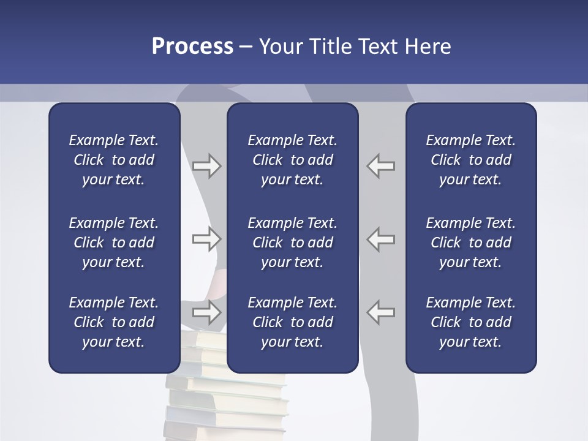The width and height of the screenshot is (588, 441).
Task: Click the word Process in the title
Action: tap(192, 47)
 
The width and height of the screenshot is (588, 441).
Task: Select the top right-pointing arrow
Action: tap(207, 166)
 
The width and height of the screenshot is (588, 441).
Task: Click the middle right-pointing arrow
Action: tap(207, 239)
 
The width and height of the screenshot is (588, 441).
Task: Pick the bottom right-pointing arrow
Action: tap(207, 312)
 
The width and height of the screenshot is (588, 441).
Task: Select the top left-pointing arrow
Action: tap(380, 166)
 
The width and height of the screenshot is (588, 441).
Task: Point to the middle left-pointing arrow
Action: tap(380, 239)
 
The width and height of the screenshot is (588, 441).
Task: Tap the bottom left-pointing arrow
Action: tap(380, 312)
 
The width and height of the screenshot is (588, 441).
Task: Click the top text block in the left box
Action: tap(114, 160)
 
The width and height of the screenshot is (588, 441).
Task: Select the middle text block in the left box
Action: tap(114, 243)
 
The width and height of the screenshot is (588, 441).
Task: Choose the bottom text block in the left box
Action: tap(114, 322)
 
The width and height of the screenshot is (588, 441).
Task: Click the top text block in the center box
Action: tap(293, 160)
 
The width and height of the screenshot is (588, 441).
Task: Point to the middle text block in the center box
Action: tap(293, 243)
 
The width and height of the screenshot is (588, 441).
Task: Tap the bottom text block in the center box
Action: tap(293, 322)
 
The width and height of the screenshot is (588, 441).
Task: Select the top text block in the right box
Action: tap(471, 160)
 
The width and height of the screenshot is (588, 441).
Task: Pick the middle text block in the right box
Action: tap(471, 243)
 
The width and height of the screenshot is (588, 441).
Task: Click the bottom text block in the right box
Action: tap(471, 322)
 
